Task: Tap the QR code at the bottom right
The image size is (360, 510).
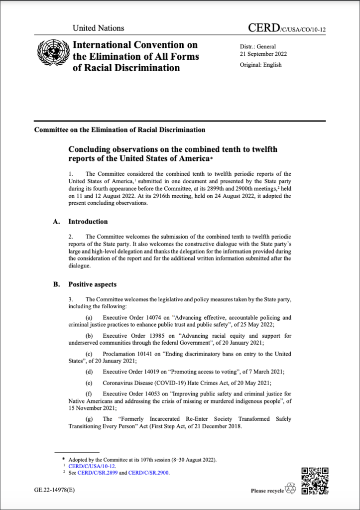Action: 315,481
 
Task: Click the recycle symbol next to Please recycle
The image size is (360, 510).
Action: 291,489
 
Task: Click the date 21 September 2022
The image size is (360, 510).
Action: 263,54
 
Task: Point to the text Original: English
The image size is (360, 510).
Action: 260,65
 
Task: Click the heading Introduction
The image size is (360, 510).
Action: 88,222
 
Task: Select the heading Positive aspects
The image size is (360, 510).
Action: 92,284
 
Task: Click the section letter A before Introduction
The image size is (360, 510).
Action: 56,222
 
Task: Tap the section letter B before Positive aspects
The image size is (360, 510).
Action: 56,284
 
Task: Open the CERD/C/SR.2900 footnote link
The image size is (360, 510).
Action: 150,473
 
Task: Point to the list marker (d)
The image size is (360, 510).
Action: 90,372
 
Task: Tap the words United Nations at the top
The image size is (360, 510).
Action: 98,28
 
